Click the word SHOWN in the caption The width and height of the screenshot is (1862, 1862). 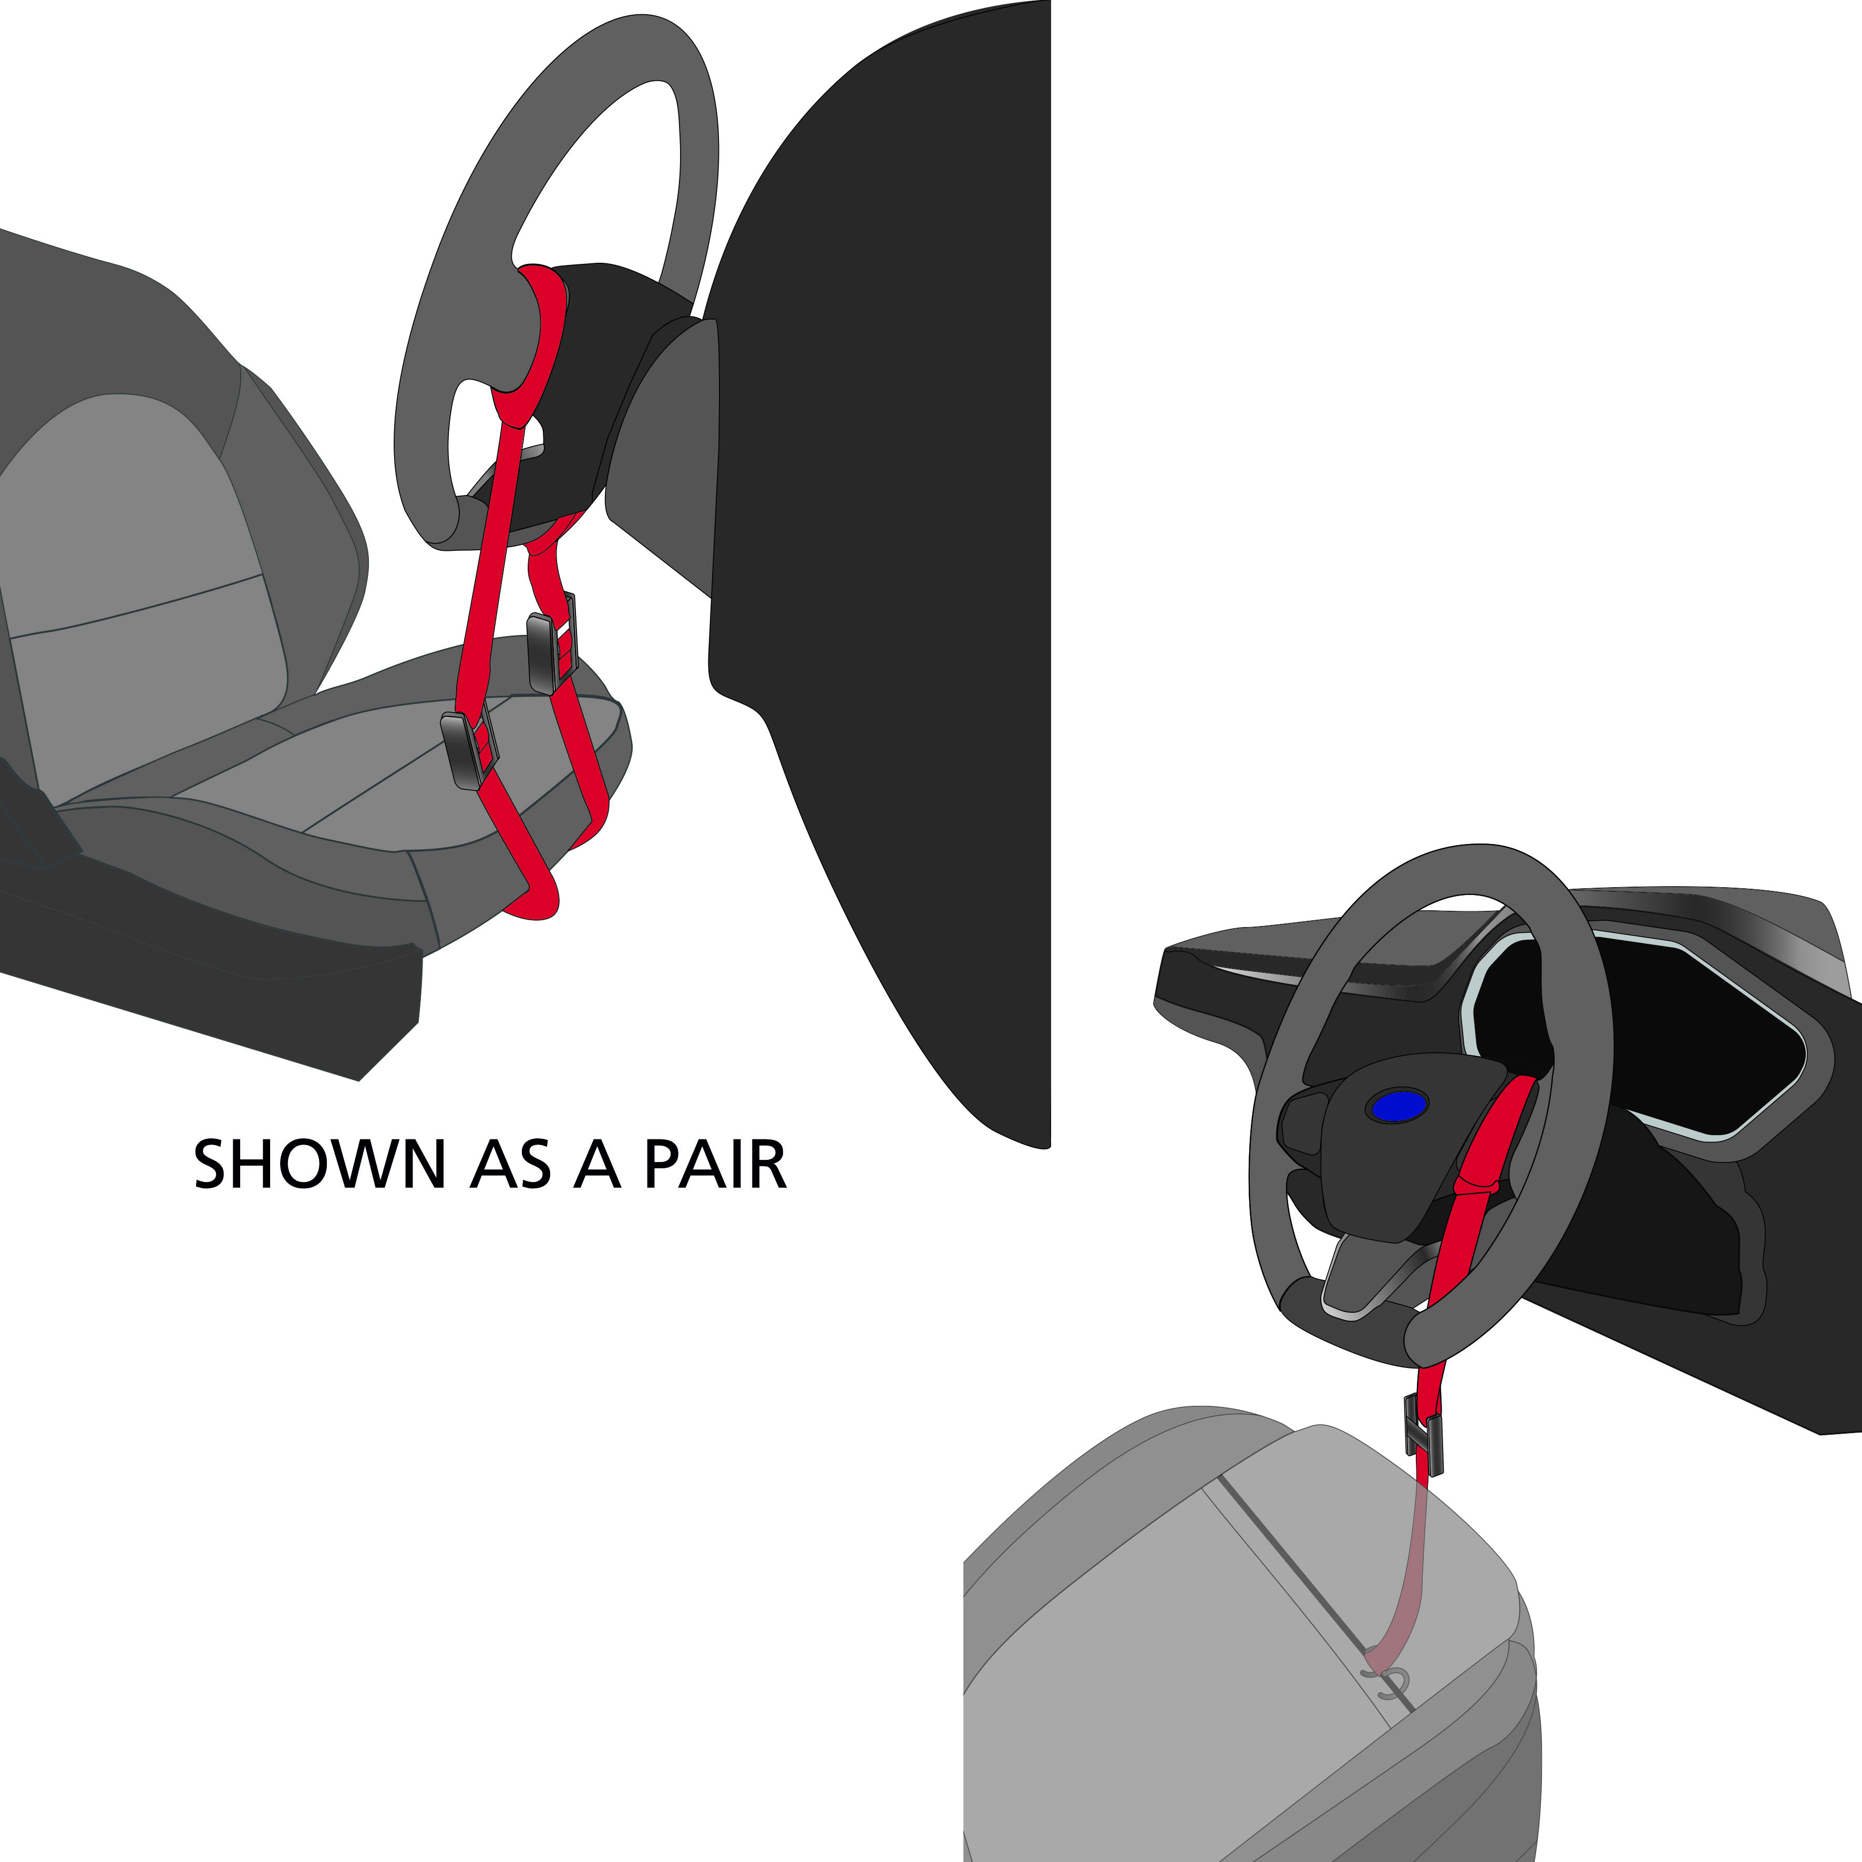[x=318, y=1164]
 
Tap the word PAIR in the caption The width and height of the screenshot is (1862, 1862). [x=715, y=1164]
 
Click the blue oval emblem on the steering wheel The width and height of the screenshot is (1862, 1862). [x=1397, y=1106]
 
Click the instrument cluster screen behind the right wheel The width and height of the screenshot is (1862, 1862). [x=1639, y=1041]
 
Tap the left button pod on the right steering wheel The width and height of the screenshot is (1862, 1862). [x=1301, y=1123]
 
